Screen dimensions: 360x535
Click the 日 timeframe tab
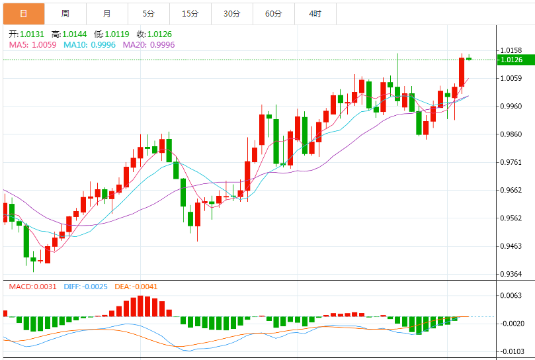pyautogui.click(x=24, y=13)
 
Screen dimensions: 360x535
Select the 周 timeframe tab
pyautogui.click(x=65, y=13)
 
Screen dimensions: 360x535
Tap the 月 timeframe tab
pyautogui.click(x=107, y=13)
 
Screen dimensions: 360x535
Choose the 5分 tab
pyautogui.click(x=148, y=13)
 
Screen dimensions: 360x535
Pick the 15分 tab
pyautogui.click(x=190, y=13)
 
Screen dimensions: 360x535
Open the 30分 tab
pyautogui.click(x=231, y=13)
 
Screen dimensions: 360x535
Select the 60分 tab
pyautogui.click(x=273, y=13)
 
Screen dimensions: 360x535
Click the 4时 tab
pyautogui.click(x=315, y=13)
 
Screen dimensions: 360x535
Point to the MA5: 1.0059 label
pyautogui.click(x=32, y=44)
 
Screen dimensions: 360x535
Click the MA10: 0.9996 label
pyautogui.click(x=89, y=44)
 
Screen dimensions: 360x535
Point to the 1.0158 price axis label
pyautogui.click(x=512, y=50)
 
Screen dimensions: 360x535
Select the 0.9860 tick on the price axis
pyautogui.click(x=512, y=134)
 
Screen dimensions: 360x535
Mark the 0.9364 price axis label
pyautogui.click(x=512, y=274)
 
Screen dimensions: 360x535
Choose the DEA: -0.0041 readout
pyautogui.click(x=136, y=287)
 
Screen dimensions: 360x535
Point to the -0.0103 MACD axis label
pyautogui.click(x=512, y=351)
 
